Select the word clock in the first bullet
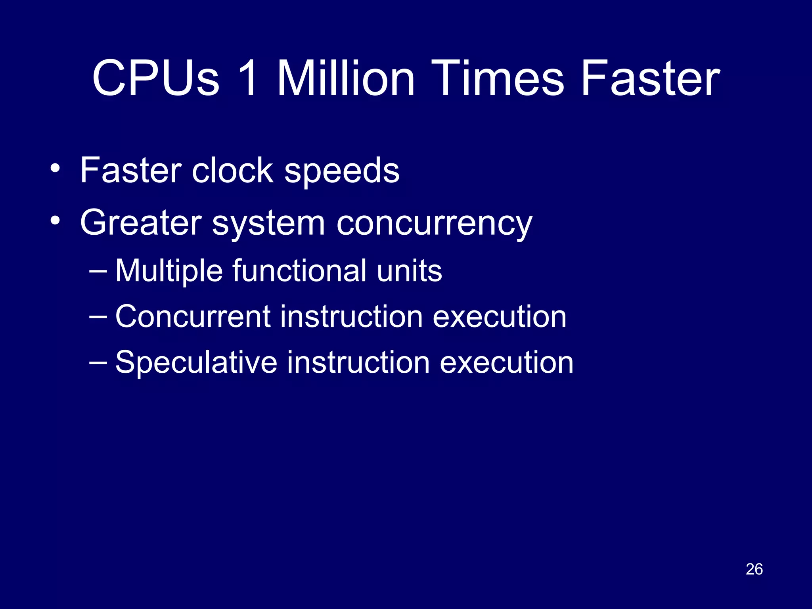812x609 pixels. click(x=233, y=170)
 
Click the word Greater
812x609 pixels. click(x=140, y=223)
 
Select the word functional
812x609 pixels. click(x=299, y=270)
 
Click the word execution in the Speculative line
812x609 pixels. click(x=506, y=362)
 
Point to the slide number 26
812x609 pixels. click(x=754, y=569)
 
